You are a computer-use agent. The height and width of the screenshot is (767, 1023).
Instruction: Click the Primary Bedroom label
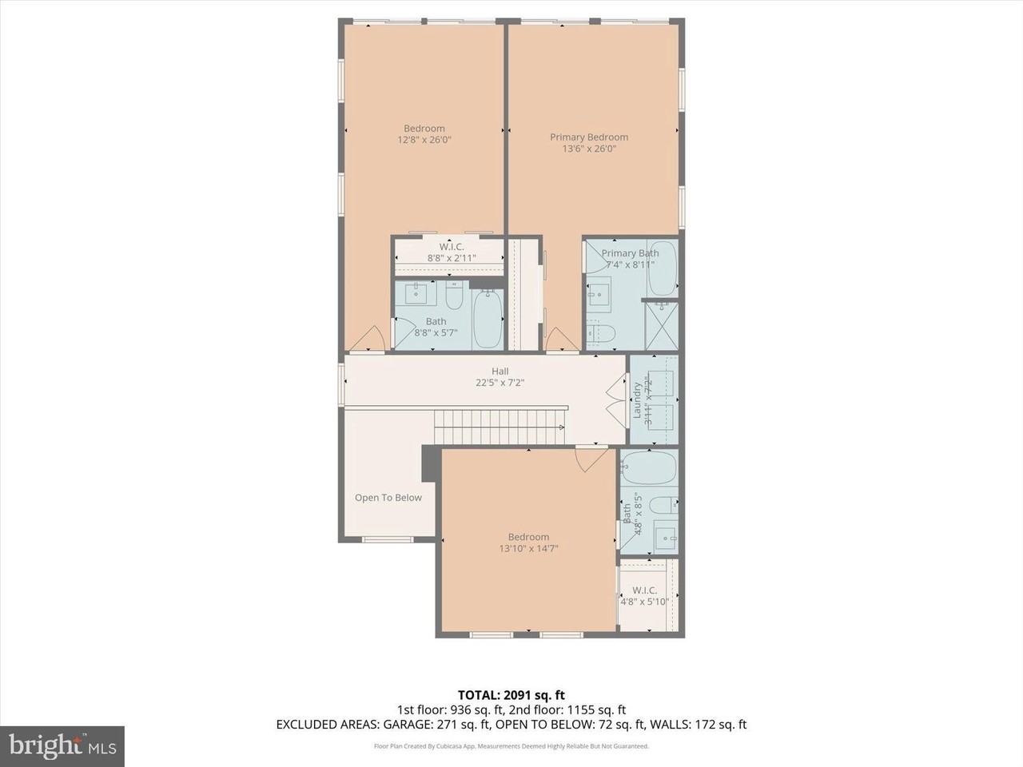coord(589,137)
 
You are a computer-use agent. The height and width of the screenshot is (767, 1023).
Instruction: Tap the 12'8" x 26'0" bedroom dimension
coord(424,140)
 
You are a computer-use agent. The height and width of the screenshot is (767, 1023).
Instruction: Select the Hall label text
coord(500,371)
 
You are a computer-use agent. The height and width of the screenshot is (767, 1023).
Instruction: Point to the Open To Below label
coord(388,498)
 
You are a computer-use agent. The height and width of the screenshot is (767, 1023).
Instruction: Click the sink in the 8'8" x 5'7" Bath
coord(417,295)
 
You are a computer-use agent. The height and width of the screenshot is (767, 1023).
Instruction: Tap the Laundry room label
coord(638,399)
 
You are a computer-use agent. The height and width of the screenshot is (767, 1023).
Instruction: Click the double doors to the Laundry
coord(615,399)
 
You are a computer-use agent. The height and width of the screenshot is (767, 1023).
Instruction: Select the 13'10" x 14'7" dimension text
coord(528,549)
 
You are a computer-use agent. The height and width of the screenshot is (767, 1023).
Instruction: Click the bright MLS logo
coord(62,746)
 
